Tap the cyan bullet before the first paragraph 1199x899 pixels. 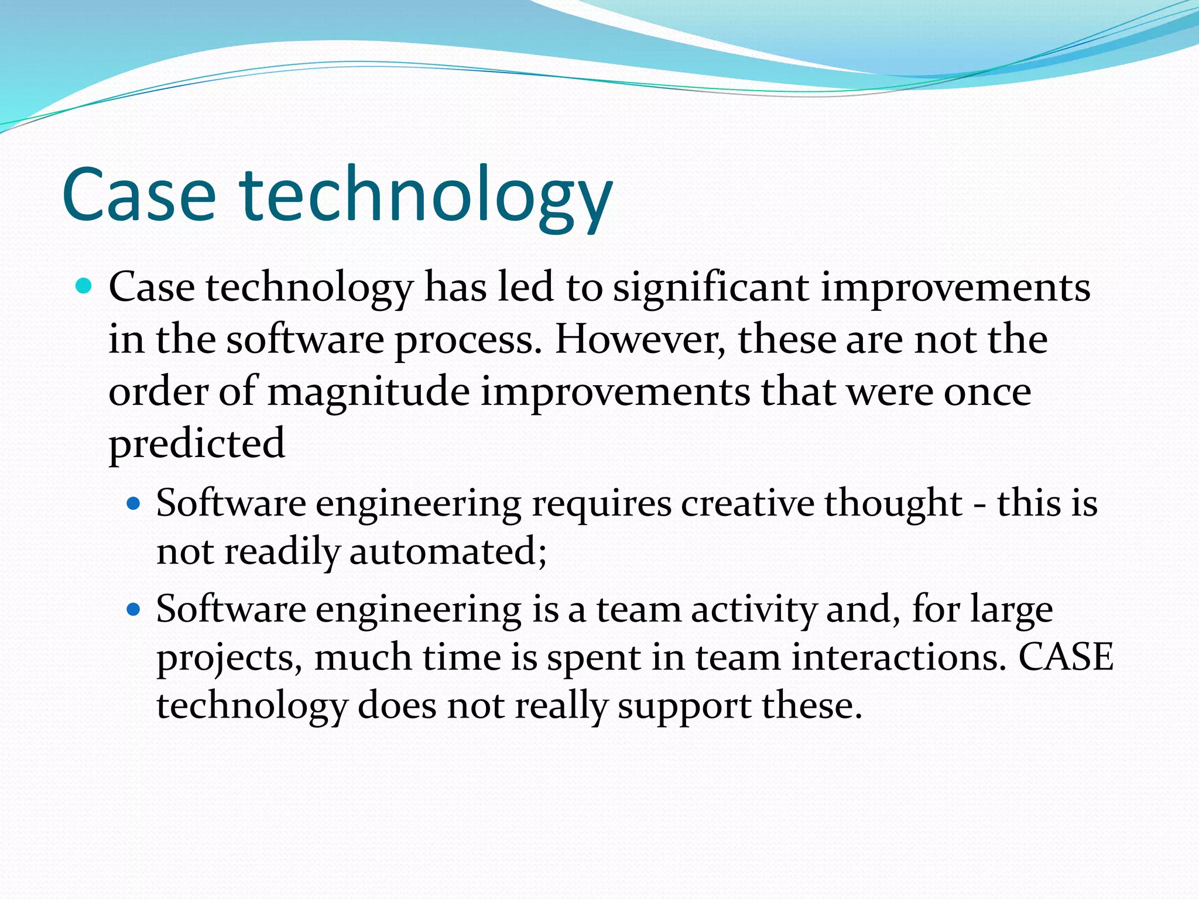click(84, 287)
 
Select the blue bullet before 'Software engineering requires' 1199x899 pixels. click(134, 503)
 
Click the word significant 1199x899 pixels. click(711, 288)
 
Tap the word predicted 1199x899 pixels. click(197, 444)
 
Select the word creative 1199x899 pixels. click(746, 503)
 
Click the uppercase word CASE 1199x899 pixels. click(1066, 657)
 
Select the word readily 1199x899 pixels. click(282, 551)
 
